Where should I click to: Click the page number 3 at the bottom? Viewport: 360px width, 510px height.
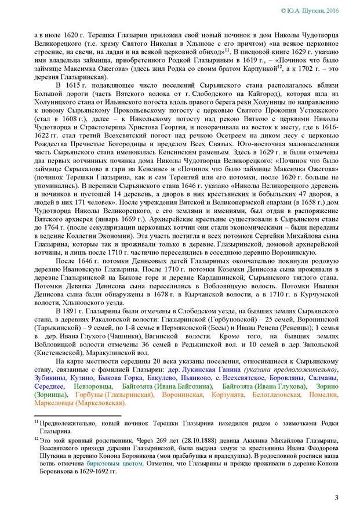(x=337, y=498)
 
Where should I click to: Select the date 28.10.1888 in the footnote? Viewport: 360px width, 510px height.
(x=192, y=440)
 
